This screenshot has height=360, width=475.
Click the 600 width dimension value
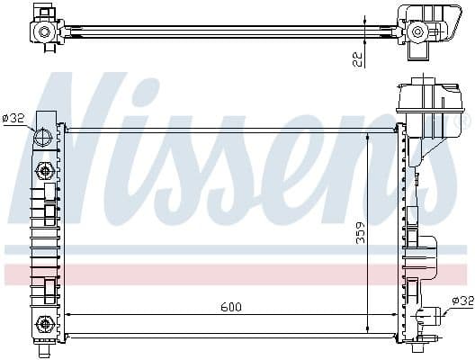pos(230,306)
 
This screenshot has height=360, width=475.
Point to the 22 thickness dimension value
pos(358,59)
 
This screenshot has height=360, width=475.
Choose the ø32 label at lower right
pos(462,301)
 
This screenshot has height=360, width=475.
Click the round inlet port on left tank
pos(42,139)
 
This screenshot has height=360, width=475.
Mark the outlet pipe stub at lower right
pos(435,314)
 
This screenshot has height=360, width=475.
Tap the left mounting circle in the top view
pos(43,31)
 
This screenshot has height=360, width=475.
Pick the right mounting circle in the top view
pos(417,31)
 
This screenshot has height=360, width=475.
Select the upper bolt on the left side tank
pos(42,170)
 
